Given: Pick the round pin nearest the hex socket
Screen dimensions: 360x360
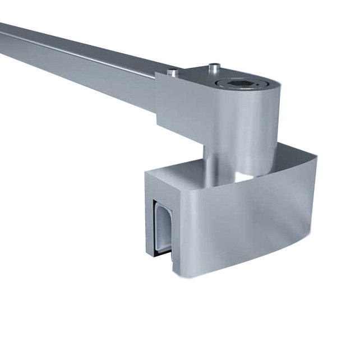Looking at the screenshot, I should [x=214, y=68].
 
